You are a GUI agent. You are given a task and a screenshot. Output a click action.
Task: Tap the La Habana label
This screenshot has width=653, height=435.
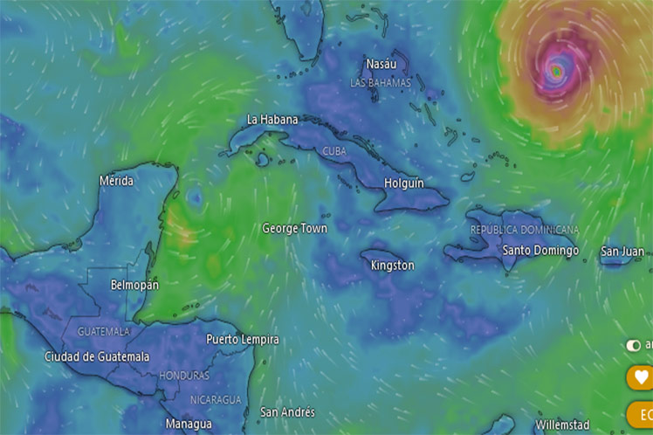coord(272,120)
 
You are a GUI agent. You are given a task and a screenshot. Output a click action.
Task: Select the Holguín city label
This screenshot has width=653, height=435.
coord(404,183)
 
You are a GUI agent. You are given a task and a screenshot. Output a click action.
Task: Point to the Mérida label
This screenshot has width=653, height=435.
coord(117,181)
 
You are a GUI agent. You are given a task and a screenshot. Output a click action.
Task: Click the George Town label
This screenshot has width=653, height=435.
coord(295,229)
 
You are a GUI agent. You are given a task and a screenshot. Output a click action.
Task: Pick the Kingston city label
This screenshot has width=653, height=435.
coord(392,265)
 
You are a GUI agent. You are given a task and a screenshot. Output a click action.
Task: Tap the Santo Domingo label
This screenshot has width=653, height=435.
coord(540,251)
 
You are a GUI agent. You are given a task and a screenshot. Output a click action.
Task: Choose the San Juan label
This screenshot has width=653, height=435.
coord(622,252)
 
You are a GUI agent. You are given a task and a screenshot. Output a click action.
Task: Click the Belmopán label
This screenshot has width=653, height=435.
coord(134,286)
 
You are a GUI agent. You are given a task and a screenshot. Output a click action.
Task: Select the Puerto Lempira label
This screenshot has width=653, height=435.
coord(243,339)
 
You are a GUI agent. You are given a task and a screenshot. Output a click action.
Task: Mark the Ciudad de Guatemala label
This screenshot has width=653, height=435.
coord(97,357)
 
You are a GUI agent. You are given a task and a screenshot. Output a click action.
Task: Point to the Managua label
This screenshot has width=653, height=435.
coord(189,424)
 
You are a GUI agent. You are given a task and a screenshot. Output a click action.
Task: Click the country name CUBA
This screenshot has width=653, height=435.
coord(334,150)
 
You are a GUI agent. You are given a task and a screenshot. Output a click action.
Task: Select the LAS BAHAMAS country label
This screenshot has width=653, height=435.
coord(380,83)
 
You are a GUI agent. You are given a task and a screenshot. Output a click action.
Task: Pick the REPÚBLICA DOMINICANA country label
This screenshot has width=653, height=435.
coord(524,230)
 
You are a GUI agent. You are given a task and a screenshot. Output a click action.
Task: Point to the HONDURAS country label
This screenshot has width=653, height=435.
coord(184,376)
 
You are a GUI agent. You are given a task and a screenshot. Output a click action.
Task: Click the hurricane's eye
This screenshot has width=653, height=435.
coord(556,70)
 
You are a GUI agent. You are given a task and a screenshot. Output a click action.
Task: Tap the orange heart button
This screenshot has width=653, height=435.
coord(642,377)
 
